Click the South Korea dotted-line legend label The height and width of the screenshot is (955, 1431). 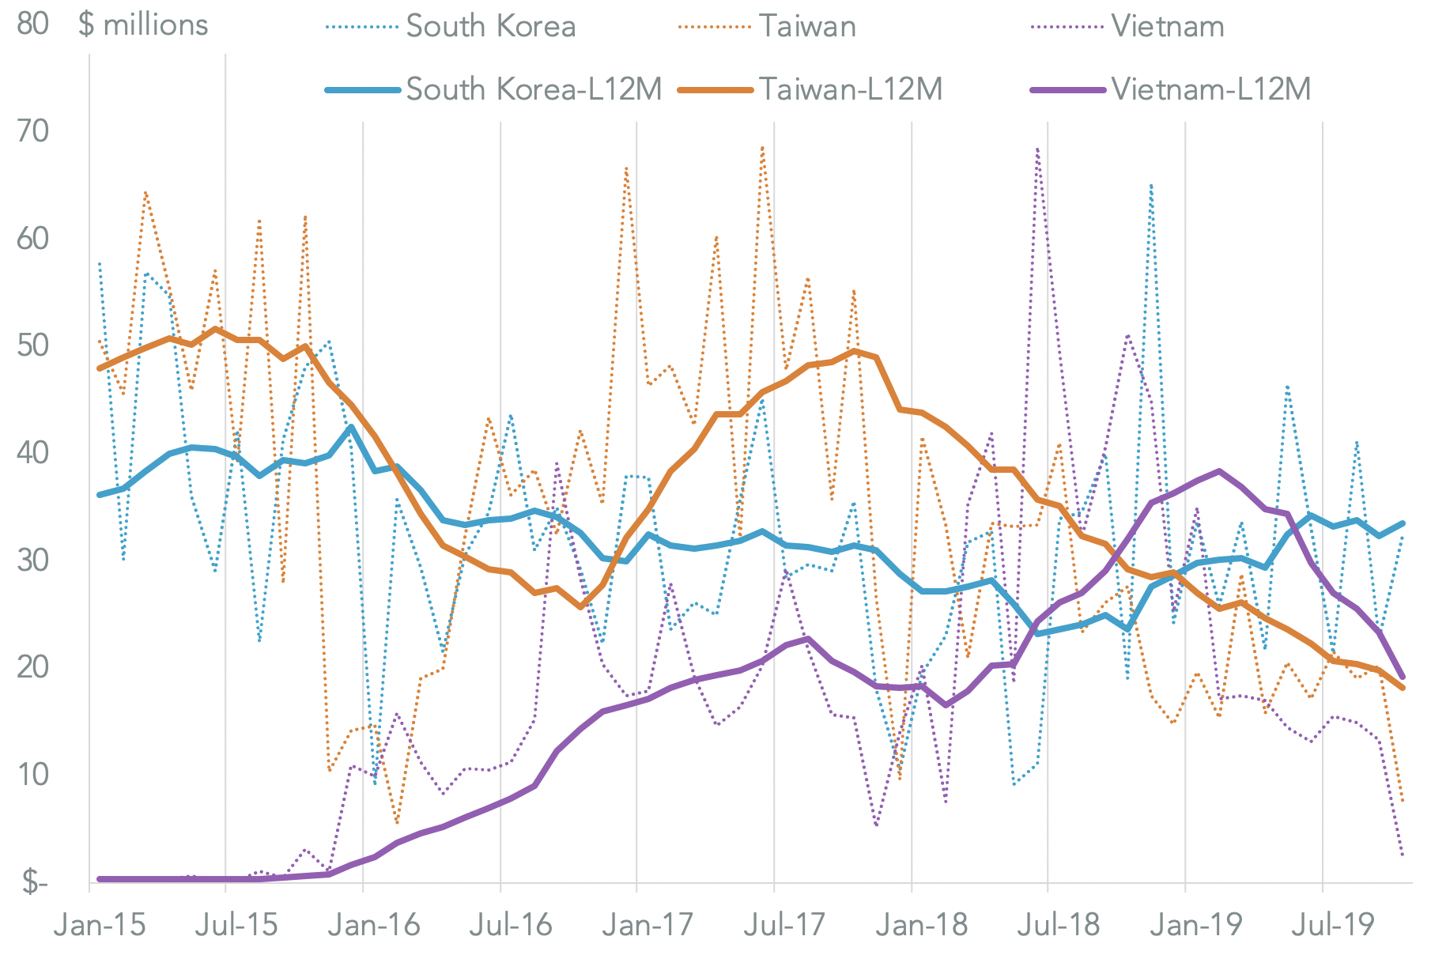pyautogui.click(x=490, y=27)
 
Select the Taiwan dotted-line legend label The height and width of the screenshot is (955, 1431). pyautogui.click(x=807, y=27)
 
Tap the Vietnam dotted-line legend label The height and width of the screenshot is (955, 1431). pyautogui.click(x=1167, y=27)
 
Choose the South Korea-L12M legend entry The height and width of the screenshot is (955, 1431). pyautogui.click(x=534, y=89)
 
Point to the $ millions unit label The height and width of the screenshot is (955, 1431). pyautogui.click(x=143, y=25)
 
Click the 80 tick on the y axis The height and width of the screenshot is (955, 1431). pyautogui.click(x=32, y=25)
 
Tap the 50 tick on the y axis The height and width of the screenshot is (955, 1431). pyautogui.click(x=32, y=346)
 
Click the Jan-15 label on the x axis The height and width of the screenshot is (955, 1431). pyautogui.click(x=100, y=924)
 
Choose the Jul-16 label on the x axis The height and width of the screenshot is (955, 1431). pyautogui.click(x=511, y=924)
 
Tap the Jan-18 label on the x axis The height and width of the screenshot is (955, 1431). pyautogui.click(x=922, y=924)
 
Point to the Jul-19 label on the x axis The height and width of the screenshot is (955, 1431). pyautogui.click(x=1333, y=924)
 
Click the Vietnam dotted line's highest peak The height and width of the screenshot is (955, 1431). pyautogui.click(x=1036, y=148)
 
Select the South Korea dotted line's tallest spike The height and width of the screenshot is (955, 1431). pyautogui.click(x=1151, y=185)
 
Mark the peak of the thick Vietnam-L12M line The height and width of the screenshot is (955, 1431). pyautogui.click(x=1219, y=471)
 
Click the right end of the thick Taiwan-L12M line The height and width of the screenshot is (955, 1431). pyautogui.click(x=1403, y=688)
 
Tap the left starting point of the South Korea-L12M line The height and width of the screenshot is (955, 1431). pyautogui.click(x=100, y=495)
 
